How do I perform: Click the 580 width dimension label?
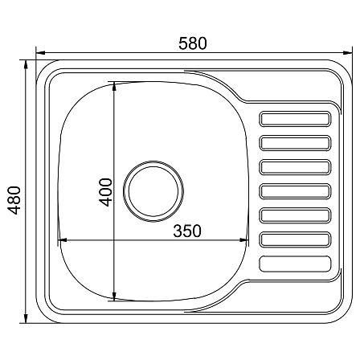(193, 43)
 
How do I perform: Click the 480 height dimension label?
(14, 200)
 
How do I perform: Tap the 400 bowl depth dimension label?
(106, 192)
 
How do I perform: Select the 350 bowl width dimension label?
(187, 231)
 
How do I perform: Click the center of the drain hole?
(153, 191)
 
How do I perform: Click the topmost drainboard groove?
(295, 119)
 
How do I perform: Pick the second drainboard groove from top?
(295, 143)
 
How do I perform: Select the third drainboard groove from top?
(295, 167)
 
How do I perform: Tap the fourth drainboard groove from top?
(295, 191)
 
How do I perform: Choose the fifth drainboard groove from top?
(295, 215)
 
